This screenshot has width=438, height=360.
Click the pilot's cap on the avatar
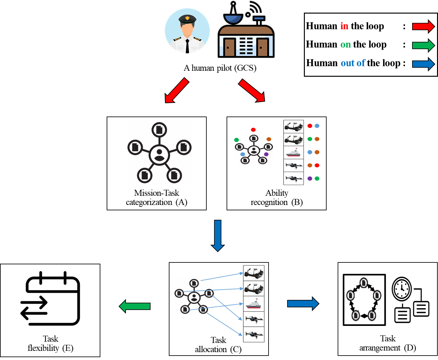(187, 19)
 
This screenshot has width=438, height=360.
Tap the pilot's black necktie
(187, 46)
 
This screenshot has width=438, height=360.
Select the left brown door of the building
(229, 47)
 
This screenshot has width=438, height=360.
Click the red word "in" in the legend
(344, 26)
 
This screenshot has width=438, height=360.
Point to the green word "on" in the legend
(346, 45)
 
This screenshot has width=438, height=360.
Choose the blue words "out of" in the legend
(353, 63)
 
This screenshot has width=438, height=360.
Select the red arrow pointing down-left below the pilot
(177, 91)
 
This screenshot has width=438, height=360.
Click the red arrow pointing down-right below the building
(252, 91)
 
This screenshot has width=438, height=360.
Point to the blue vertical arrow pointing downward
(218, 236)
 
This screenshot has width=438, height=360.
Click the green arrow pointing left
(135, 306)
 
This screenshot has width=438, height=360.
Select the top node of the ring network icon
(364, 282)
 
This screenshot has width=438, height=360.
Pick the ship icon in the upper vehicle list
(293, 153)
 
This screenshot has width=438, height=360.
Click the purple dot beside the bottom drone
(310, 179)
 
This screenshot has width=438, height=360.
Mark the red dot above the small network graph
(253, 130)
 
